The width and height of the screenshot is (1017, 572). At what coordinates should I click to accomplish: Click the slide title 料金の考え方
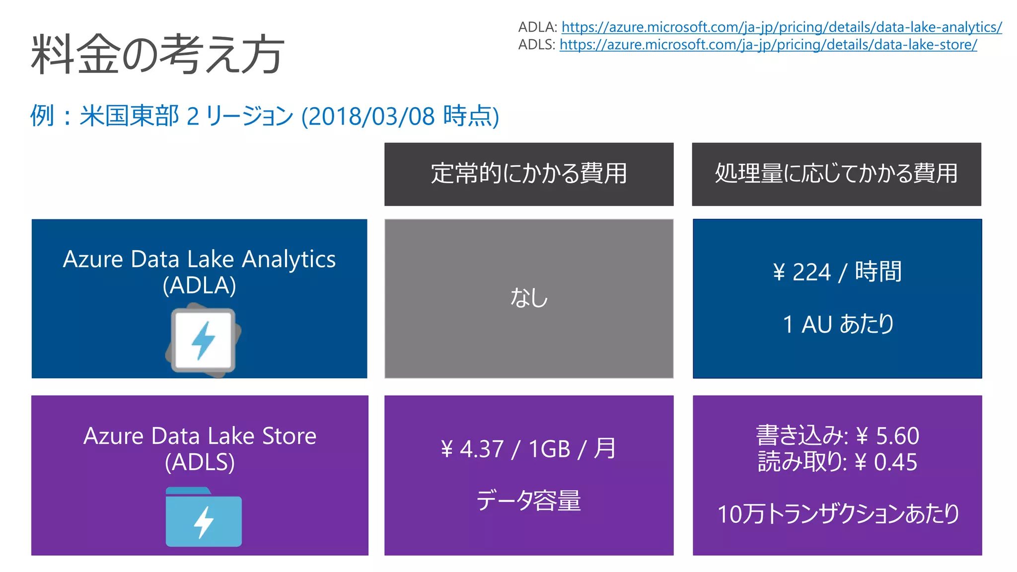pyautogui.click(x=158, y=54)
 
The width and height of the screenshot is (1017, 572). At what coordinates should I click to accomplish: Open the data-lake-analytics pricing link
pyautogui.click(x=781, y=27)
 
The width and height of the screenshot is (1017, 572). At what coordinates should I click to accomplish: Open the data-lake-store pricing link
pyautogui.click(x=768, y=45)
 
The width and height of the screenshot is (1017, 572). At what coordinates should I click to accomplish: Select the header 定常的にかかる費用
pyautogui.click(x=528, y=174)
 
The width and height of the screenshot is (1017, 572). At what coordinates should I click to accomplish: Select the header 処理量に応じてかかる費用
pyautogui.click(x=836, y=174)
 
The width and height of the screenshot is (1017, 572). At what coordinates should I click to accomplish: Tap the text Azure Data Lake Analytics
pyautogui.click(x=199, y=259)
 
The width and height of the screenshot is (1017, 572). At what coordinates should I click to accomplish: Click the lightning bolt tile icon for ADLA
pyautogui.click(x=203, y=341)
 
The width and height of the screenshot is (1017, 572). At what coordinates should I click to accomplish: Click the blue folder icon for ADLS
pyautogui.click(x=204, y=517)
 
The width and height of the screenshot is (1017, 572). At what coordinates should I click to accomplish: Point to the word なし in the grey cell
pyautogui.click(x=529, y=298)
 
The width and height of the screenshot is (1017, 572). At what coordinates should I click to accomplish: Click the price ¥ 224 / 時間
pyautogui.click(x=837, y=272)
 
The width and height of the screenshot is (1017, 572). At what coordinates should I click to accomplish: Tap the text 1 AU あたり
pyautogui.click(x=838, y=324)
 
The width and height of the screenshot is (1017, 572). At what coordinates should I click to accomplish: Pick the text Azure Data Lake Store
pyautogui.click(x=200, y=436)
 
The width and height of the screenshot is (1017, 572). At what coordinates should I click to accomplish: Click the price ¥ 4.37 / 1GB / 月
pyautogui.click(x=528, y=449)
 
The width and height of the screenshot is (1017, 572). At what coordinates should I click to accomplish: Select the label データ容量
pyautogui.click(x=528, y=500)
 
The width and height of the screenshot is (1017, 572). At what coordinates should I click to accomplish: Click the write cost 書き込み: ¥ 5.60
pyautogui.click(x=837, y=436)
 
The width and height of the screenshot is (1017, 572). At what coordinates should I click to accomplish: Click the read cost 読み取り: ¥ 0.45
pyautogui.click(x=837, y=462)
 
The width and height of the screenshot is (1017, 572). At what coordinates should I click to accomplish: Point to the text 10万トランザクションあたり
pyautogui.click(x=838, y=514)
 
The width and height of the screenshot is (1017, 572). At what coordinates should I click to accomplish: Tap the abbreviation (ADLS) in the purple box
pyautogui.click(x=200, y=462)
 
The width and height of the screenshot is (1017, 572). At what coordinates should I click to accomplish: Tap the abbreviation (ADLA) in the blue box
pyautogui.click(x=199, y=286)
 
